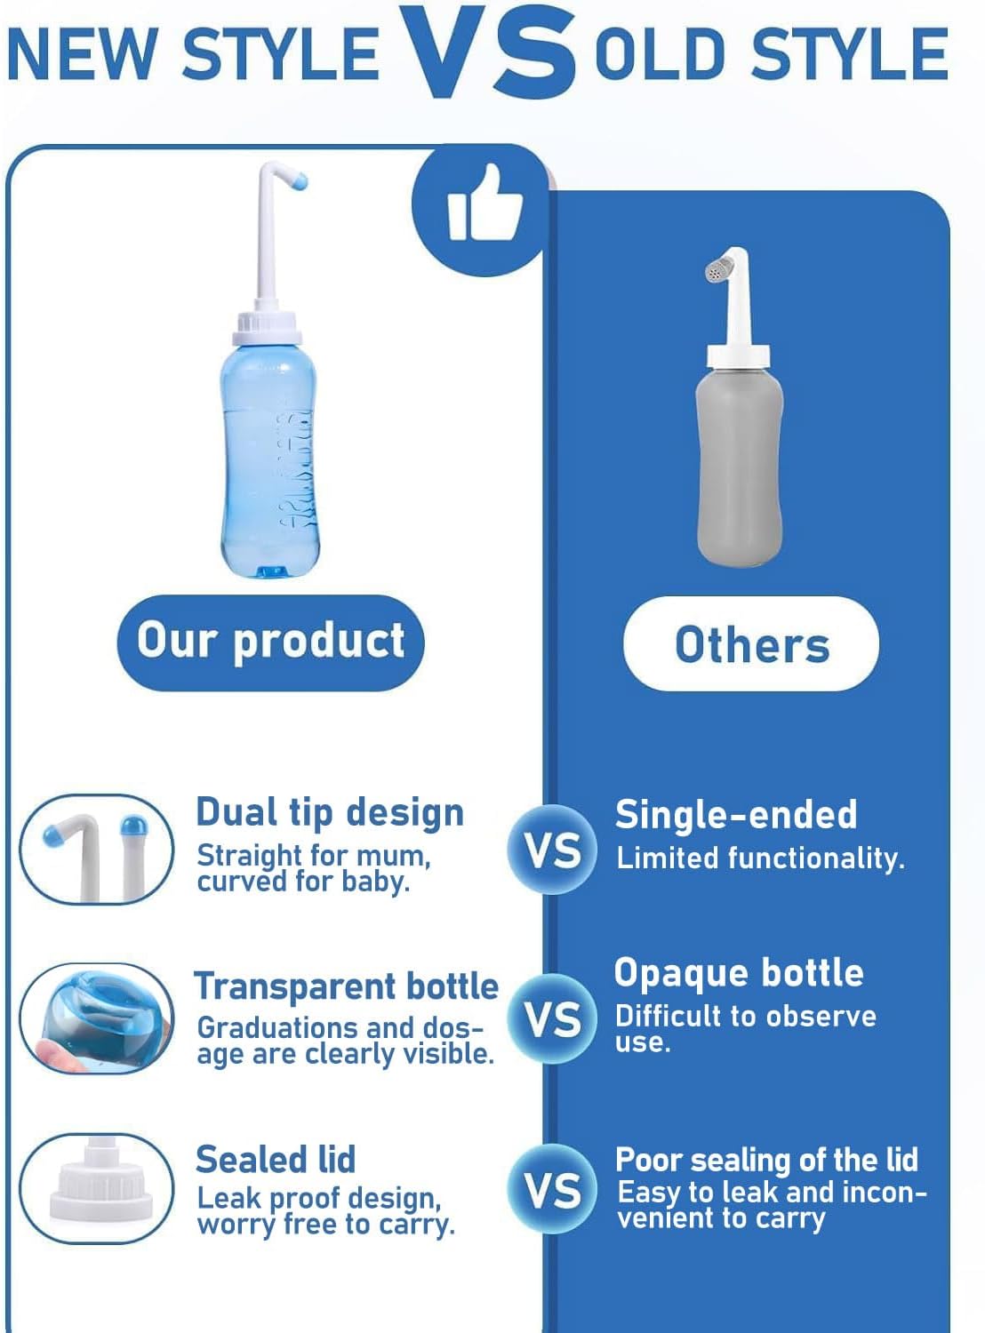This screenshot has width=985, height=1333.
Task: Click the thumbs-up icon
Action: point(484,208)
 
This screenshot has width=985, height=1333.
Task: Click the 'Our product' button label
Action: point(270,642)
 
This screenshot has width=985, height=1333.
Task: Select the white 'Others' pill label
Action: point(751,644)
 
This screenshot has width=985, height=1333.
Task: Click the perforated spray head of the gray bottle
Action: point(718,270)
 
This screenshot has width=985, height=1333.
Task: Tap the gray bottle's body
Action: point(740,462)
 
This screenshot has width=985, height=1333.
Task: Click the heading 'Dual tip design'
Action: point(330,812)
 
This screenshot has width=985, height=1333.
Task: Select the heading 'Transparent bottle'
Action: point(347,986)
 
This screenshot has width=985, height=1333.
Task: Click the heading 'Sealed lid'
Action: point(276,1160)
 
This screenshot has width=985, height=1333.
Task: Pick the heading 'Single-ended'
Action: point(736,815)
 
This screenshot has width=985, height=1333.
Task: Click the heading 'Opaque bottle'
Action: point(739,973)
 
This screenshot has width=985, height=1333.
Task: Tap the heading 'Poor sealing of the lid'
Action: point(766,1160)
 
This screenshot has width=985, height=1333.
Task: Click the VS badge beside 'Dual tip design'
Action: point(552,850)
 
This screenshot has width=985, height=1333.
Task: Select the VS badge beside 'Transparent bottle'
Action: point(552,1019)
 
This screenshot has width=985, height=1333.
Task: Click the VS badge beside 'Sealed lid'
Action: point(552,1190)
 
